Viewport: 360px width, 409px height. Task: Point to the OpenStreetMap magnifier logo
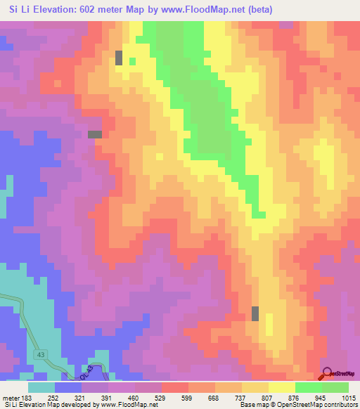327,372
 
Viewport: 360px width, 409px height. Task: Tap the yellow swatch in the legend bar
282,387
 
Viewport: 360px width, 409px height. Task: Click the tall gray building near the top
119,58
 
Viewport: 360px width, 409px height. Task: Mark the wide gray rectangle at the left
94,134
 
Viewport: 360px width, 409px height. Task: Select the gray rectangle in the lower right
255,313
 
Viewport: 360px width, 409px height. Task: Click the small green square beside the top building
132,60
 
